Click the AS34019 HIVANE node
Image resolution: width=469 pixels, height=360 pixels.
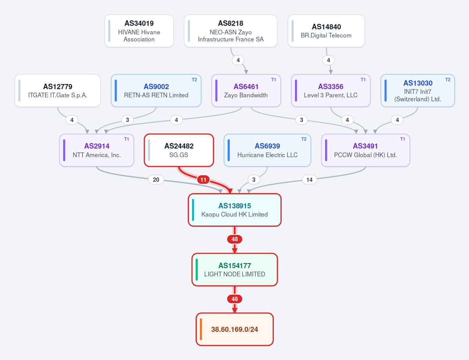[139, 31]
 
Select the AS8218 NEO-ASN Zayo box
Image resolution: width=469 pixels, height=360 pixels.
[231, 31]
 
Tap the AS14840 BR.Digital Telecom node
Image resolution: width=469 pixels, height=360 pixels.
[326, 31]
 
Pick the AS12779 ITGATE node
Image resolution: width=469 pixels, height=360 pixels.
[58, 91]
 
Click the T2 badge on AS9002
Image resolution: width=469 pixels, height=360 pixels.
[194, 80]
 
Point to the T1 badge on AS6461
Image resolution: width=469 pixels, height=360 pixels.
[274, 80]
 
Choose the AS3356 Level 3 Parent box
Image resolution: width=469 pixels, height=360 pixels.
[331, 91]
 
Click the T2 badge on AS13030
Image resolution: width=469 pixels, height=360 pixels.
[448, 80]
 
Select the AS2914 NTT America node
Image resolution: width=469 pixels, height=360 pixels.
[97, 150]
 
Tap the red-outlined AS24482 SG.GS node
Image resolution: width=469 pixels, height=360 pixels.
[179, 150]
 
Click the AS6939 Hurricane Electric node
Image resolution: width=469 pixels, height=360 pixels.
[268, 150]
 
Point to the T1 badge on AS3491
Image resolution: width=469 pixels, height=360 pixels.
[403, 139]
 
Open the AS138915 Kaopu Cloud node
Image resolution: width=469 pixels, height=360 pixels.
[235, 210]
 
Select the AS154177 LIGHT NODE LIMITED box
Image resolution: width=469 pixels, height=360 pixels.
[235, 270]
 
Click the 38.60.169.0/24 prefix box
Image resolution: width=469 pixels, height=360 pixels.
[235, 329]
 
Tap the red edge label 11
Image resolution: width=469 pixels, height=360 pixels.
[203, 180]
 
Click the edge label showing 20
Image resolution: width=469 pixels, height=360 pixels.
[156, 180]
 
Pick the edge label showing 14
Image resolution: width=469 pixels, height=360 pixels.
[309, 180]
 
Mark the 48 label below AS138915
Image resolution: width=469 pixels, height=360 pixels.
[235, 239]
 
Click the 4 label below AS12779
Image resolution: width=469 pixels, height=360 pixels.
[72, 120]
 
